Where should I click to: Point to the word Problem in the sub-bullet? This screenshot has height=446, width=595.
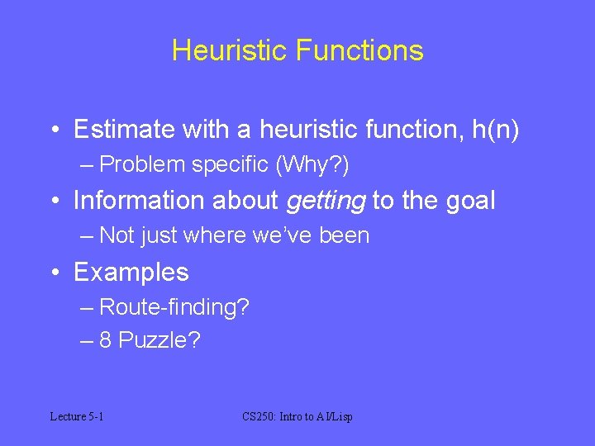(x=142, y=165)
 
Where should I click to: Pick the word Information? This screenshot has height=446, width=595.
(x=135, y=201)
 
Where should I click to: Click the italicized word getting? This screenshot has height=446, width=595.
(x=326, y=201)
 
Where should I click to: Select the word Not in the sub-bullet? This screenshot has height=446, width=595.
(x=117, y=236)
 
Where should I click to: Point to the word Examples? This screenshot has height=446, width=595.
(x=131, y=272)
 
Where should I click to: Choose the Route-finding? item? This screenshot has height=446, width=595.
(x=174, y=307)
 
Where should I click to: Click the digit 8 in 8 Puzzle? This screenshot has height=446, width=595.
(x=106, y=340)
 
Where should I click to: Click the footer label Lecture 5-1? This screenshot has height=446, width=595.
(x=77, y=416)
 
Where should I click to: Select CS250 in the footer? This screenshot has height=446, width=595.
(x=259, y=416)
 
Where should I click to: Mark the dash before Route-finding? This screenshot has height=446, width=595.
(x=88, y=308)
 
